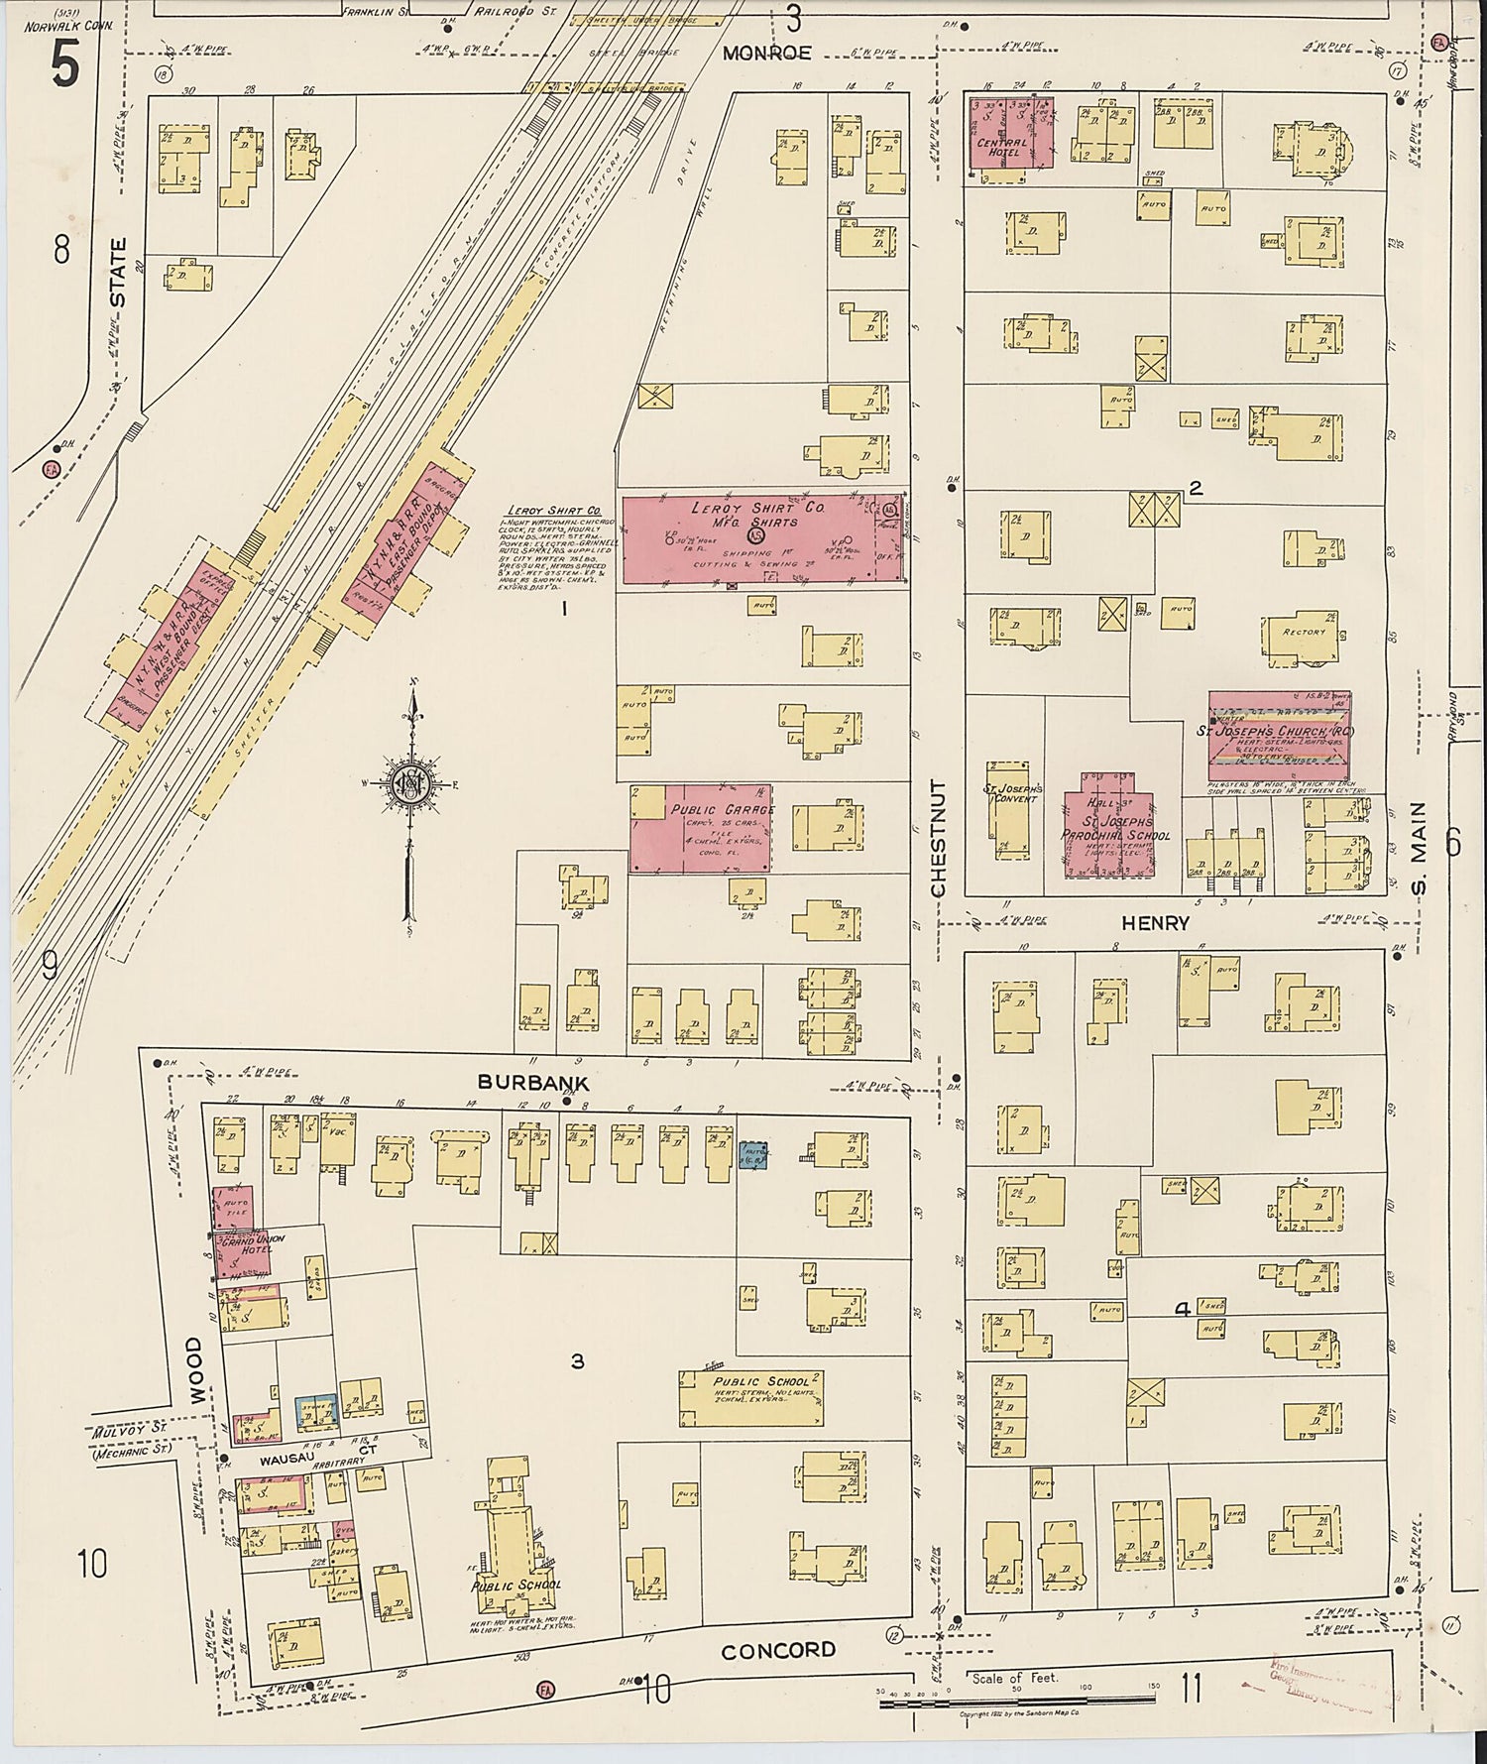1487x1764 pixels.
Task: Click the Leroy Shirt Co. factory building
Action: pyautogui.click(x=763, y=540)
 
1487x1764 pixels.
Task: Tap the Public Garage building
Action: pyautogui.click(x=701, y=829)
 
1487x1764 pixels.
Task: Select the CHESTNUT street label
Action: pyautogui.click(x=939, y=838)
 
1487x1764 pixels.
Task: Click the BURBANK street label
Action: pyautogui.click(x=533, y=1082)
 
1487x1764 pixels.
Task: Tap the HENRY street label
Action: pyautogui.click(x=1155, y=923)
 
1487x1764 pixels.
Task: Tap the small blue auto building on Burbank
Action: pyautogui.click(x=754, y=1154)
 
